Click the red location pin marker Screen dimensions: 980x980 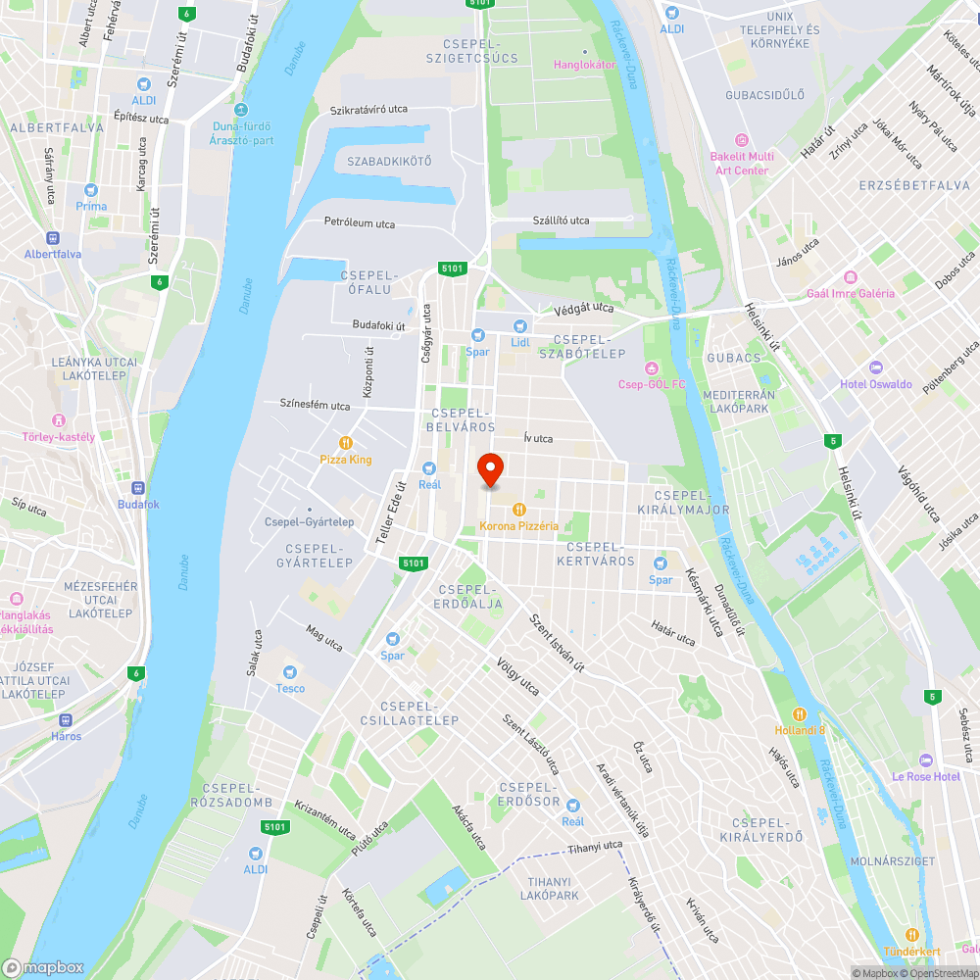click(x=489, y=470)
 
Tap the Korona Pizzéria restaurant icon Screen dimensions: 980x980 click(x=519, y=510)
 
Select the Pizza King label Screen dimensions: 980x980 click(x=346, y=459)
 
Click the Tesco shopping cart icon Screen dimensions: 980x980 click(x=289, y=672)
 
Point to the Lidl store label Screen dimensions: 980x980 click(x=519, y=342)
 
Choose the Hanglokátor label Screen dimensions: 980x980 click(x=585, y=64)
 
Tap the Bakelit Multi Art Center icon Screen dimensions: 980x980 click(x=742, y=139)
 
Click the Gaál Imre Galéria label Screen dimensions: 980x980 click(x=850, y=293)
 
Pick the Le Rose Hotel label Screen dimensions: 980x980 click(x=925, y=776)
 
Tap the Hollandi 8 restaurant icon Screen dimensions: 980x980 click(x=800, y=713)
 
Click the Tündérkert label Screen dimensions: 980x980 click(x=911, y=952)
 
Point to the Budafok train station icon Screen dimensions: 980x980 click(x=137, y=488)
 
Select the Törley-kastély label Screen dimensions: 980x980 click(x=60, y=437)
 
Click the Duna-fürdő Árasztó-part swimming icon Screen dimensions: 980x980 click(x=241, y=110)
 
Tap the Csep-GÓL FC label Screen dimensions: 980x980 click(x=651, y=384)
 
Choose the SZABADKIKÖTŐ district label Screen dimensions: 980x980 click(x=389, y=160)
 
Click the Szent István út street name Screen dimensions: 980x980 click(x=557, y=641)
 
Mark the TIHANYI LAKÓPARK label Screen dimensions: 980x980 click(x=549, y=888)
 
